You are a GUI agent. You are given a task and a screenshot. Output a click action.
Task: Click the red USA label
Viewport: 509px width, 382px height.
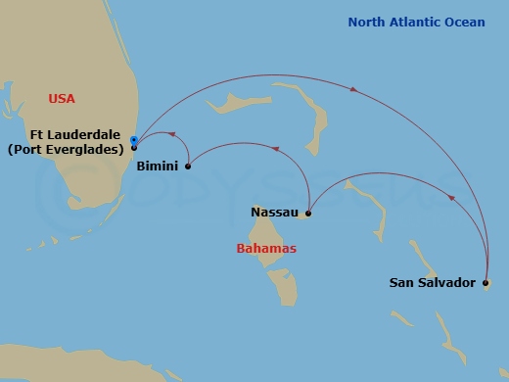coord(62,98)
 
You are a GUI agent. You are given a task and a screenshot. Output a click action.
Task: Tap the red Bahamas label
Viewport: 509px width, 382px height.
coord(266,249)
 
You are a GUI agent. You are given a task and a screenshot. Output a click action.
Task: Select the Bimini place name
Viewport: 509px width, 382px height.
coord(158,167)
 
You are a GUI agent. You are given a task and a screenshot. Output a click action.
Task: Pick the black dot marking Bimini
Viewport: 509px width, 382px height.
coord(188,166)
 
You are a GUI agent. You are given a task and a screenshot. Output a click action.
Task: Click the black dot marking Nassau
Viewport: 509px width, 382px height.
coord(308,213)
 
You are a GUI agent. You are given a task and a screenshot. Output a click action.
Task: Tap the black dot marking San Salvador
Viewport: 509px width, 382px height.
coord(486,283)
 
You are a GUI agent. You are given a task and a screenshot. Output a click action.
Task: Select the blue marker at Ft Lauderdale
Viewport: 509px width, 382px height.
coord(133,141)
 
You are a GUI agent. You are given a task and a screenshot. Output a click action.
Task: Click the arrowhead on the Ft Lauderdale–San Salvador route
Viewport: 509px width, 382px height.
coord(353,91)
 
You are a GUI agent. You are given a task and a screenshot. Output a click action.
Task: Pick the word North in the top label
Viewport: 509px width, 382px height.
coord(369,22)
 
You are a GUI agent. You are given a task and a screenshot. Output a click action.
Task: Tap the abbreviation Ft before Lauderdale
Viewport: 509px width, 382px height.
coord(38,135)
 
